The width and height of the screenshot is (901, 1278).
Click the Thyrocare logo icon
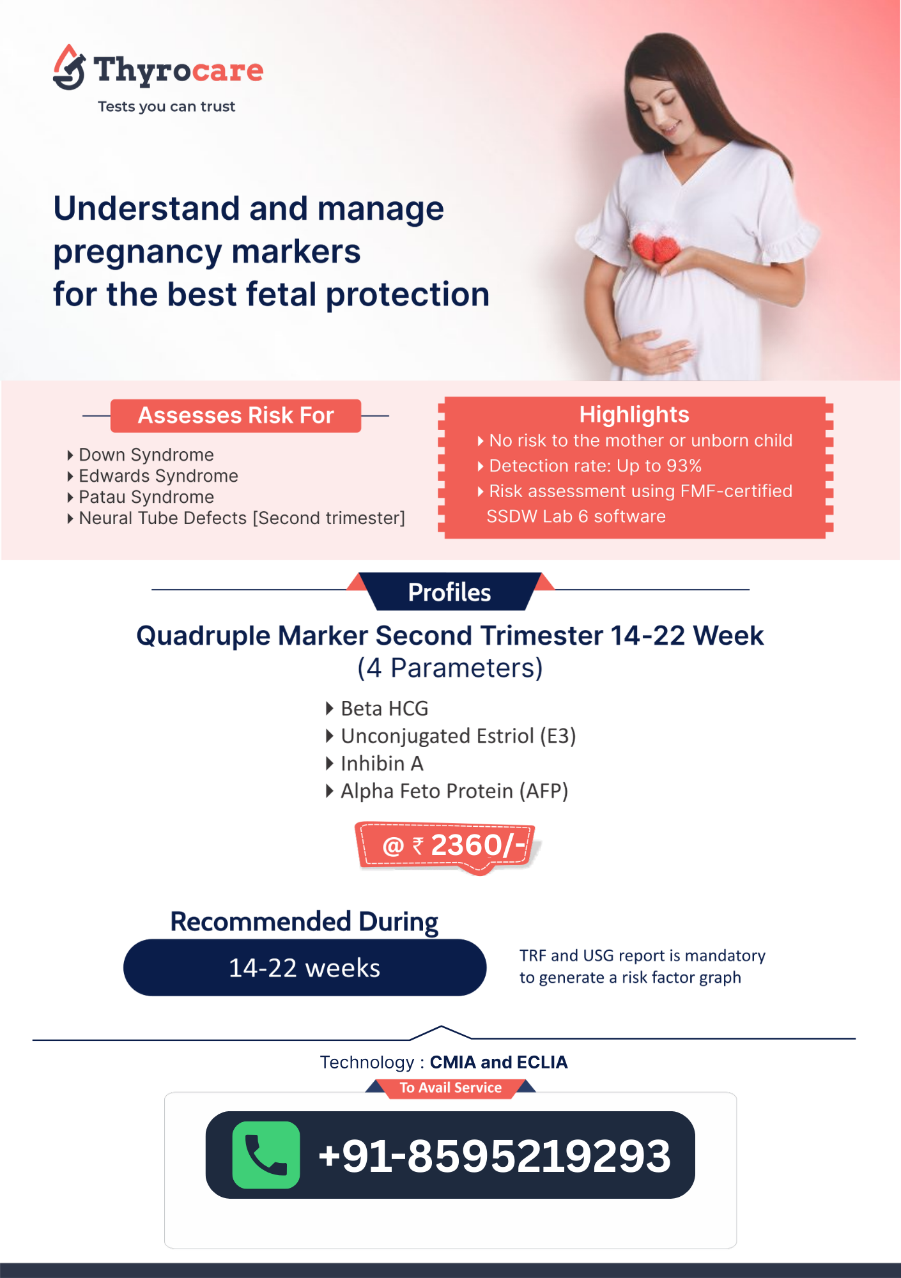[x=69, y=68]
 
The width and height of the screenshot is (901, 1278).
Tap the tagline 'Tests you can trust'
[x=166, y=107]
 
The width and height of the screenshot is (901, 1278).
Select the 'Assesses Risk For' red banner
[x=236, y=415]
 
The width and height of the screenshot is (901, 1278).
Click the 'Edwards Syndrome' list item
[x=158, y=476]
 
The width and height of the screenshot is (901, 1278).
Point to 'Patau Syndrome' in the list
[x=146, y=497]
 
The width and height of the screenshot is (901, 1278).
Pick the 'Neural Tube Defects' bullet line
[x=242, y=518]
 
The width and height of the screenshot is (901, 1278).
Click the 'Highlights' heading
[x=634, y=415]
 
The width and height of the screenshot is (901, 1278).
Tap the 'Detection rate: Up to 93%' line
[x=595, y=466]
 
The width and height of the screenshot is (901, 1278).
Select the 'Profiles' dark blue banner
[x=450, y=592]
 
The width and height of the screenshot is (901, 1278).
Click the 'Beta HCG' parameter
[x=384, y=709]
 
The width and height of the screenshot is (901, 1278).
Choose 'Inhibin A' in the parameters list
[x=381, y=764]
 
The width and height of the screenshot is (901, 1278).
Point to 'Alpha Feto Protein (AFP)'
[x=454, y=791]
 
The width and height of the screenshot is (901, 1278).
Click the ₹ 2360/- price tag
[x=447, y=846]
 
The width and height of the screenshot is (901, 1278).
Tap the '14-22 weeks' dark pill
[x=305, y=967]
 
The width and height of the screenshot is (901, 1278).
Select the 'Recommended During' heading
[x=304, y=921]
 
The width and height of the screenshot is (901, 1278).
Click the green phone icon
[x=266, y=1155]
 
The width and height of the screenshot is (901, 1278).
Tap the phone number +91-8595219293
[x=495, y=1156]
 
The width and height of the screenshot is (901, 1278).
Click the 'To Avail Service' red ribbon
[x=450, y=1088]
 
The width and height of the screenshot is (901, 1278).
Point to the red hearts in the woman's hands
[x=656, y=247]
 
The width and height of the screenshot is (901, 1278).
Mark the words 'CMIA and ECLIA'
[x=498, y=1062]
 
